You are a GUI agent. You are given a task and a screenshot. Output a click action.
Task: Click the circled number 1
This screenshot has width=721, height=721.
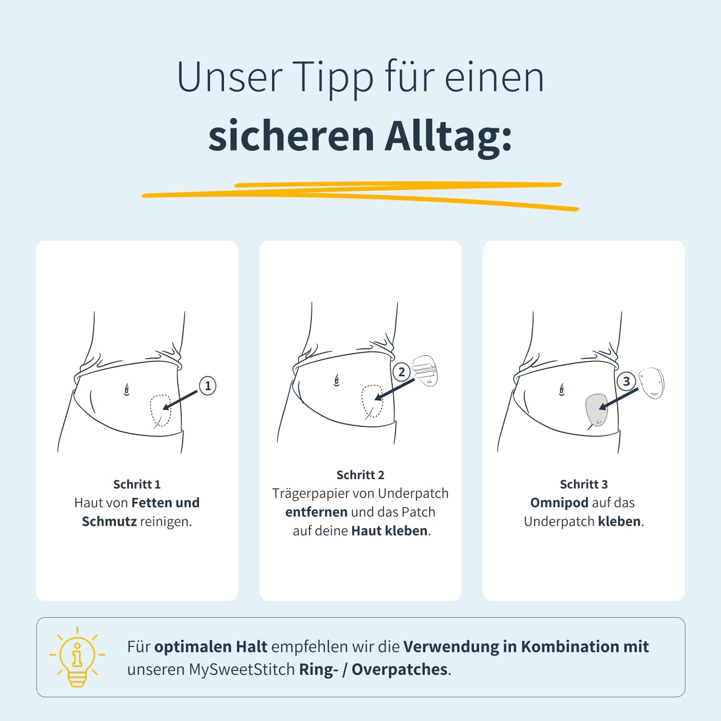tap(208, 385)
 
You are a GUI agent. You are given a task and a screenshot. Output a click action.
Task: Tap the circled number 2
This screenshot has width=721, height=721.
tap(401, 372)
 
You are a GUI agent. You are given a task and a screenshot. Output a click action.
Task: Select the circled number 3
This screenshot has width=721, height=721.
tap(626, 381)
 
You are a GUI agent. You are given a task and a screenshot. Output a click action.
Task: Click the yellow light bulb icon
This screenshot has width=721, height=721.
tap(77, 657)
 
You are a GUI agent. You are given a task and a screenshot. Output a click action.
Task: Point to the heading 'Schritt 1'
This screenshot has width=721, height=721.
tap(137, 484)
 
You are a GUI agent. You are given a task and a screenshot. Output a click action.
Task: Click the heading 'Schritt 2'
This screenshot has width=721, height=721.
tap(360, 475)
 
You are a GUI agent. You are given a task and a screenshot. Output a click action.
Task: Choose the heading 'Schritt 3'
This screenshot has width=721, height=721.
tap(584, 484)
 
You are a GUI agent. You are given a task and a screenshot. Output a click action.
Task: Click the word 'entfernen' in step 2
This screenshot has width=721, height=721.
tap(316, 512)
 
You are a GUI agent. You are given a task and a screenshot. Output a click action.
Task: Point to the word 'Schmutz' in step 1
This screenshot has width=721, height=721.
tap(109, 522)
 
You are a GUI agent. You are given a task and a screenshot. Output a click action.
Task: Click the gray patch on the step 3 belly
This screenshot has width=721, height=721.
tap(597, 410)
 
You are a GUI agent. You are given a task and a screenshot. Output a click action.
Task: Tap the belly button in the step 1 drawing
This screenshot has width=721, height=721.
tap(127, 389)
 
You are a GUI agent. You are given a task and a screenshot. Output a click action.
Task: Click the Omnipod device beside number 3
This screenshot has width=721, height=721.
tap(651, 383)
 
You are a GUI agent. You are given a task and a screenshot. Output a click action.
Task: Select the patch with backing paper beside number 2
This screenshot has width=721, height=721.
tap(425, 371)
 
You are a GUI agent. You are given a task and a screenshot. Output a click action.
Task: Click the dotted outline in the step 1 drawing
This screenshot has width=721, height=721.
tap(161, 411)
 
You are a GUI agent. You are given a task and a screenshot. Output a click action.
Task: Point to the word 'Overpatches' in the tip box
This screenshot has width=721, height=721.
tap(399, 670)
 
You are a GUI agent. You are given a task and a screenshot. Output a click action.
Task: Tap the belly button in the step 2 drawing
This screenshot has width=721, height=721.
tap(337, 381)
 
